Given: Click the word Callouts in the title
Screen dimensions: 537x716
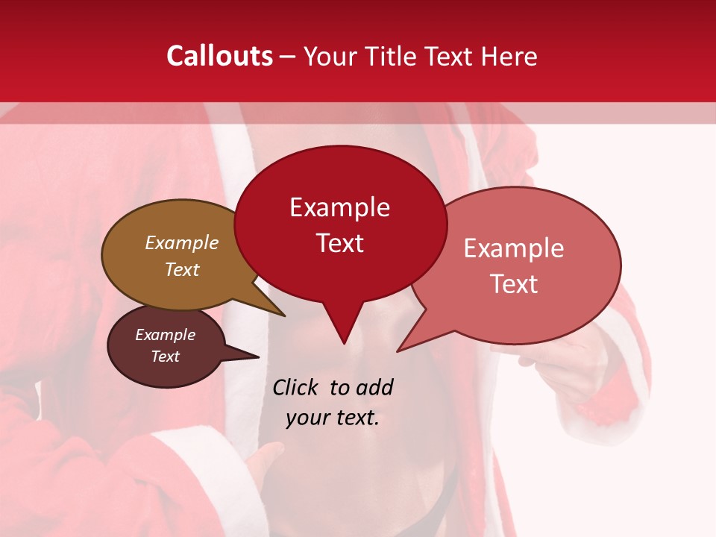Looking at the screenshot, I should (219, 56).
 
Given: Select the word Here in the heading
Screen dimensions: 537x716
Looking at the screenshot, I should (509, 56).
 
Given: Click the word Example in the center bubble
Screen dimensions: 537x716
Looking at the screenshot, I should (339, 207).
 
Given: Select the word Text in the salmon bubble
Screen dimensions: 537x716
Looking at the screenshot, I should (514, 284).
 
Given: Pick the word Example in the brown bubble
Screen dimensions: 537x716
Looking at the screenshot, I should (181, 242).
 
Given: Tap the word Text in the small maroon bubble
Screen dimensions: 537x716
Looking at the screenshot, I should (165, 357).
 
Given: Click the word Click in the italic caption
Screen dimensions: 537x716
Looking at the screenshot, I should (295, 387).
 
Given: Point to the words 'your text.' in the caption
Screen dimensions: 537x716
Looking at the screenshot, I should (332, 418).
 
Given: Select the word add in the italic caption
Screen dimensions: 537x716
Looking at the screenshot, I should (374, 387).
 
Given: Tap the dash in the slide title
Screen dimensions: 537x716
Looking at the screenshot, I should (288, 56).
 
